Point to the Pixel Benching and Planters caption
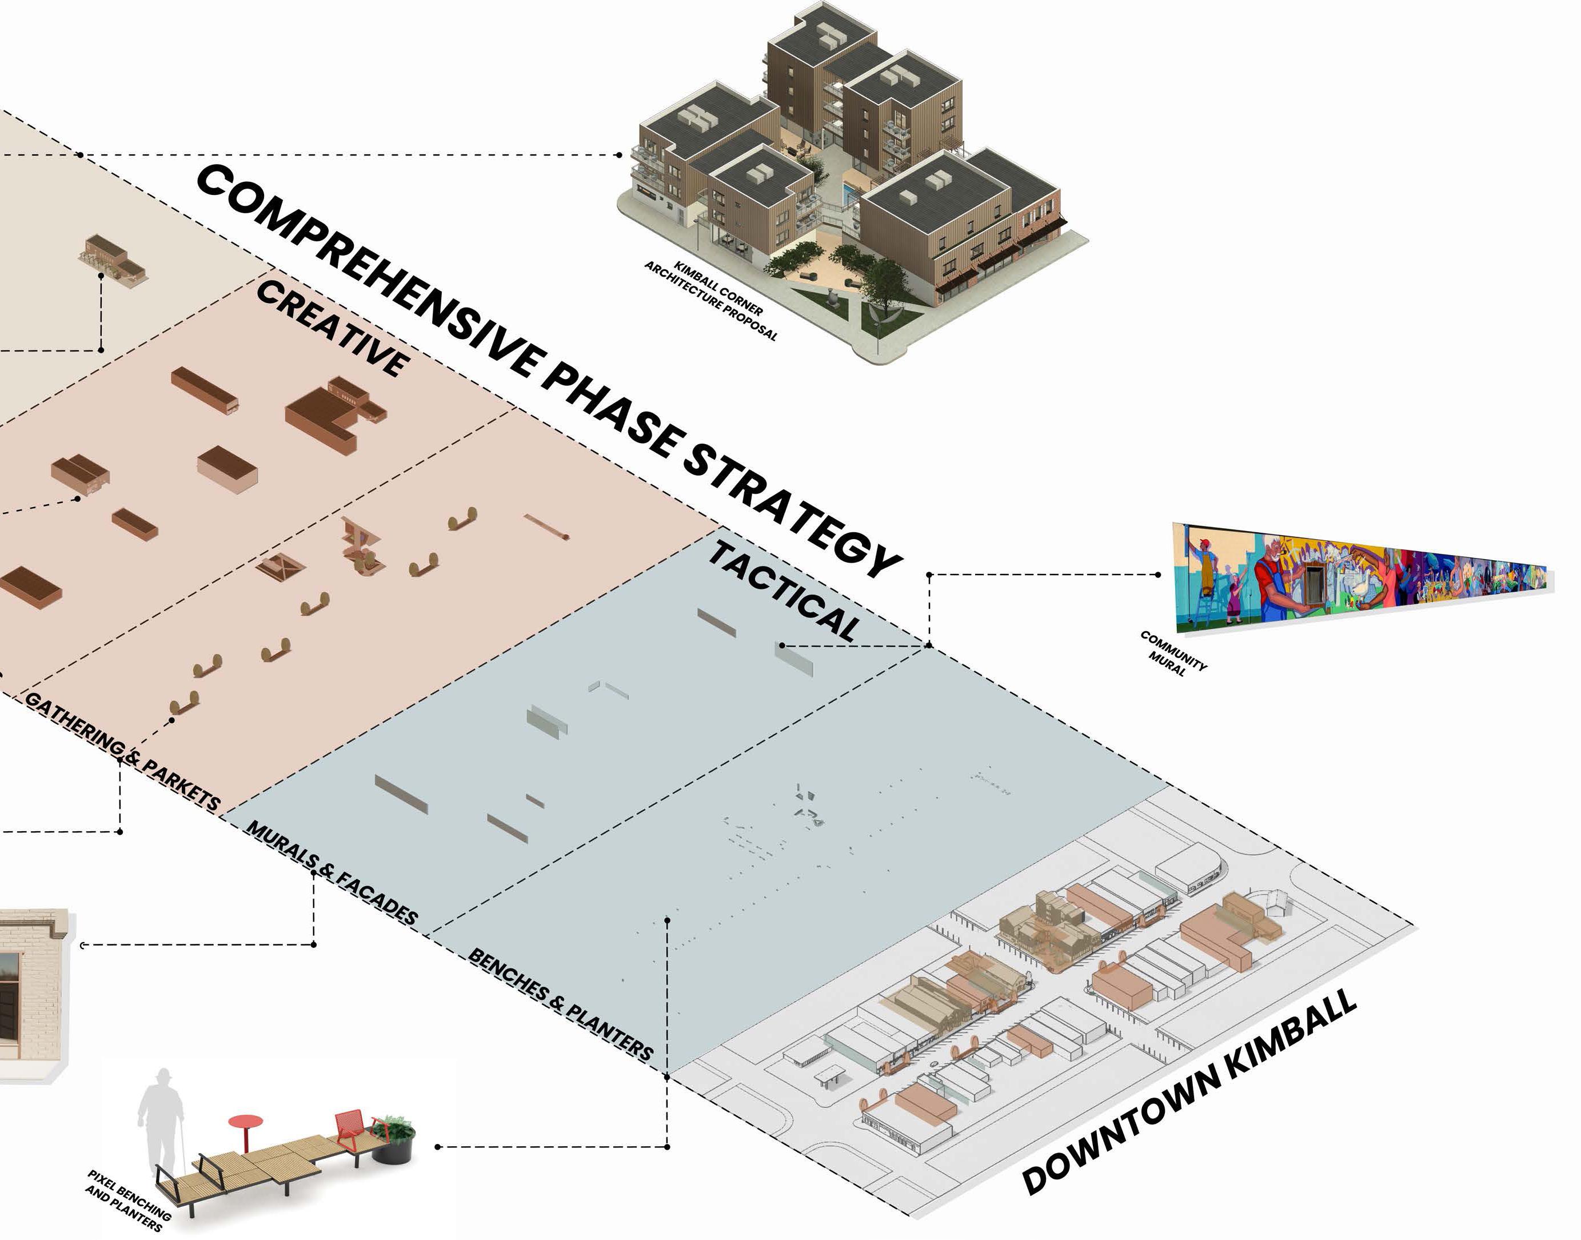tap(127, 1199)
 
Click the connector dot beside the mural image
tap(1159, 575)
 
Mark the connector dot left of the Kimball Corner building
tap(618, 154)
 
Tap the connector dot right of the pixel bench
tap(438, 1147)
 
